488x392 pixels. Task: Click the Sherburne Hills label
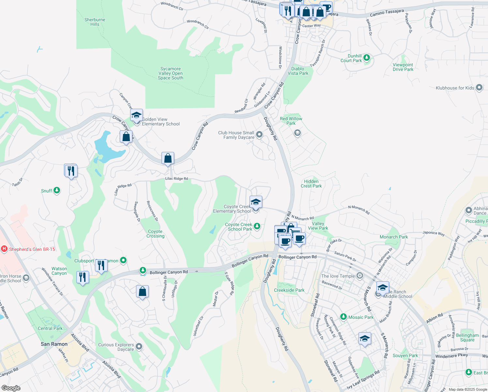coord(95,22)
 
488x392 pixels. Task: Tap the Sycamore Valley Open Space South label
coord(170,73)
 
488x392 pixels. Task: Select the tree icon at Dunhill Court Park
coord(367,58)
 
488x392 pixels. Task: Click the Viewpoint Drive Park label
coord(403,67)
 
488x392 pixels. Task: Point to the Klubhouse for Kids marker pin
coord(479,88)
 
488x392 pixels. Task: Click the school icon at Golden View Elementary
coord(137,115)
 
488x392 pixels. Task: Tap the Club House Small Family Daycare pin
coord(259,135)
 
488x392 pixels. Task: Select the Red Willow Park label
coord(291,121)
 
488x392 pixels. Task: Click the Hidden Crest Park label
coord(311,184)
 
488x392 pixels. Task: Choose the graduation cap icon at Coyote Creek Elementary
coord(256,202)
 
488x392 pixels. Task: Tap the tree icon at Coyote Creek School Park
coord(257,226)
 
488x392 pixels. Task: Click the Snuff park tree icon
coord(57,190)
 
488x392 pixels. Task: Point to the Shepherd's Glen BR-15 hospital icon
coord(4,249)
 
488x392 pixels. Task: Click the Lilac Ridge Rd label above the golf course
coord(176,179)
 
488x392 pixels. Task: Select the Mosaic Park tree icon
coord(343,317)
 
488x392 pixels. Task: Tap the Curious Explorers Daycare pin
coord(139,346)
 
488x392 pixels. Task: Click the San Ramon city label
coord(54,344)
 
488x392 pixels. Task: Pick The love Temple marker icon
coord(359,276)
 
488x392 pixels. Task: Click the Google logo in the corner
coord(11,388)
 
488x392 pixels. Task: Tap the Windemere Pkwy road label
coord(451,356)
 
